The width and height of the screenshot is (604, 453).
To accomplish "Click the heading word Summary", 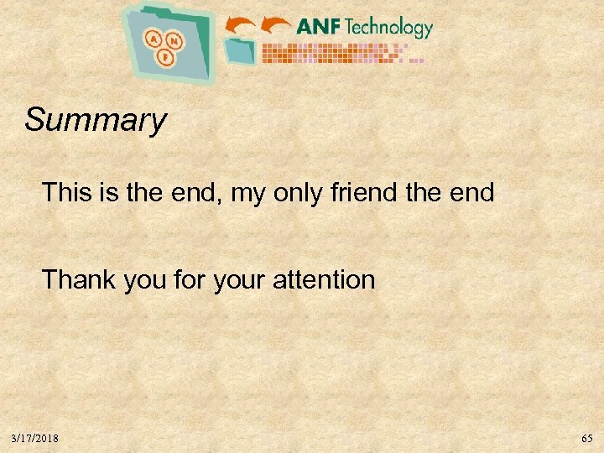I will [x=96, y=120].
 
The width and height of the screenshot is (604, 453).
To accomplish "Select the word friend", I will [x=360, y=193].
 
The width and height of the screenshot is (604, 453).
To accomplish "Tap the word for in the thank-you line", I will [x=185, y=279].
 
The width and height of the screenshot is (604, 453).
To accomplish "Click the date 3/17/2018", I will [x=35, y=439].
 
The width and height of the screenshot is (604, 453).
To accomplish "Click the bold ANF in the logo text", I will [x=318, y=27].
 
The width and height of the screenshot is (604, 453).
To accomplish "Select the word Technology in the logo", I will [x=388, y=28].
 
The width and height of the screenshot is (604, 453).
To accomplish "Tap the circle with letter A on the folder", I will [x=154, y=38].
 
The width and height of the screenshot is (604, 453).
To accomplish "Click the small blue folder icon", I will [x=241, y=51].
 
